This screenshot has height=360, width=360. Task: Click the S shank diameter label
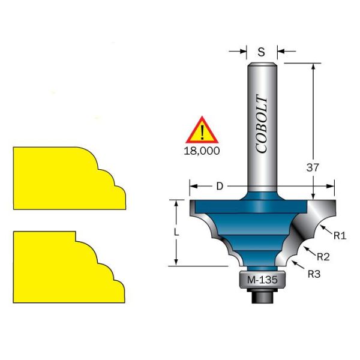coord(261,52)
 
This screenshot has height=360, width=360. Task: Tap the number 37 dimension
coord(313,167)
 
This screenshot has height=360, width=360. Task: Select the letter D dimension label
coord(220,186)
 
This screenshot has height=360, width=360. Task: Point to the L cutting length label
coord(176,232)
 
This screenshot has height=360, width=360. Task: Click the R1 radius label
coord(340,236)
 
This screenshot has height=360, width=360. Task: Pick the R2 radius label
coord(323,257)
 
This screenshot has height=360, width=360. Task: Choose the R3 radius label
coord(314,274)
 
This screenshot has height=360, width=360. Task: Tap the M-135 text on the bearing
coord(262,280)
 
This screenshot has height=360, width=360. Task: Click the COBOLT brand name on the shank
coord(261,124)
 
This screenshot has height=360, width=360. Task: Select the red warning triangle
coord(202,131)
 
